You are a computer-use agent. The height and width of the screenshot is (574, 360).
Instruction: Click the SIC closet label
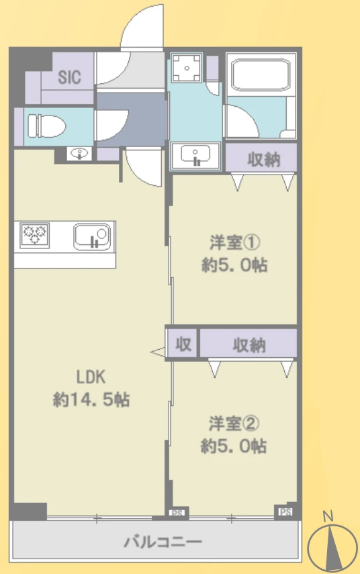(69, 77)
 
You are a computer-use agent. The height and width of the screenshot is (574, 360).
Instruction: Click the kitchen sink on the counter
(91, 236)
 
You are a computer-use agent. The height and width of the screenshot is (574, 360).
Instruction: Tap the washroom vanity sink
(196, 155)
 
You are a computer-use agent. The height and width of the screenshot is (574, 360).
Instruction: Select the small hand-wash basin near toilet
(80, 154)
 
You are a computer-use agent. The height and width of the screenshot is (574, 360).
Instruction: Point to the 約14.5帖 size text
(91, 400)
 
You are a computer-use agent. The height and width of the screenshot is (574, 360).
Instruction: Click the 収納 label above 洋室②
(249, 344)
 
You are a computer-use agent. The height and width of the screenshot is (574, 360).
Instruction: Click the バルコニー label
(163, 541)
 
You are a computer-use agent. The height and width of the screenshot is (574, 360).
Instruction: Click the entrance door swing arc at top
(142, 30)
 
